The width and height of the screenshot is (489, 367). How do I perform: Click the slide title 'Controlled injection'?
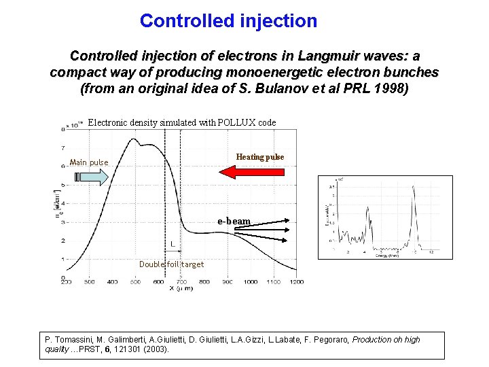[x=228, y=21]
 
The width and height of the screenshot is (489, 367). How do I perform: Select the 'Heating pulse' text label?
[x=259, y=157]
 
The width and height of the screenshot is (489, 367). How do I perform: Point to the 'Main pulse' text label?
[x=89, y=162]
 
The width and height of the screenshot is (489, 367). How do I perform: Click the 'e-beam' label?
[x=234, y=222]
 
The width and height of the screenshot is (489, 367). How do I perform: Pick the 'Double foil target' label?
[x=171, y=264]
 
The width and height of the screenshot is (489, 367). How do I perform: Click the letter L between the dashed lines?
[x=173, y=243]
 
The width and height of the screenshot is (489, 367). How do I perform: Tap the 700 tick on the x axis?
[x=181, y=282]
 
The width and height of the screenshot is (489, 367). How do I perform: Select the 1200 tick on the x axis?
[x=296, y=282]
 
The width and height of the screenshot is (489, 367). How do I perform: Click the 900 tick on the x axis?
[x=228, y=282]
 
